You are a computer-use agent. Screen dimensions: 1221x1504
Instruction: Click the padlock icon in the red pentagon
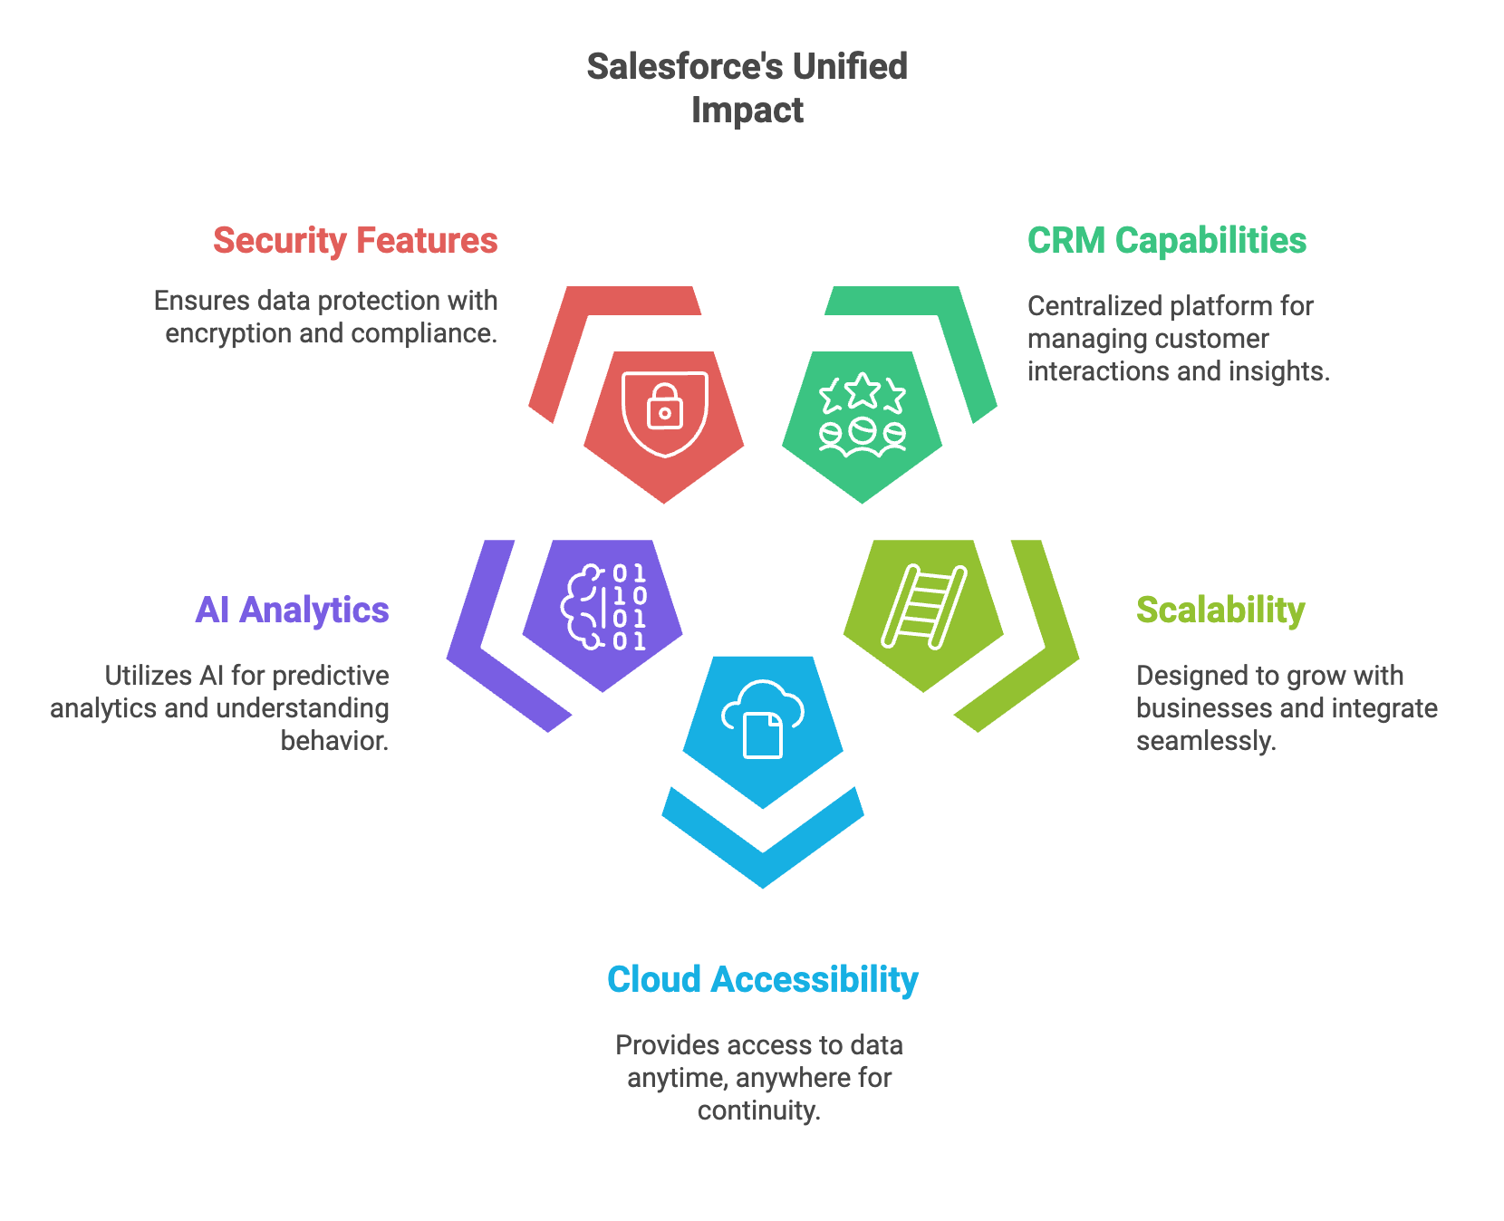pos(665,407)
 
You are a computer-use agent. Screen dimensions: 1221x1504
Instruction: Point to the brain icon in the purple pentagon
pos(583,607)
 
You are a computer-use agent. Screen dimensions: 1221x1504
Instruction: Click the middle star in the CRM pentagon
pos(863,390)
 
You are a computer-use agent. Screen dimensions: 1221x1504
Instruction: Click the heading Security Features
pos(355,241)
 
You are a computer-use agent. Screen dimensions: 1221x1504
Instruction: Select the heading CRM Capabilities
pos(1166,241)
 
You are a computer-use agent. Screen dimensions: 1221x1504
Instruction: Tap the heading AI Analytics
pos(292,610)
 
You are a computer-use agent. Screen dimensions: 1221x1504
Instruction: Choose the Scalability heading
pos(1220,610)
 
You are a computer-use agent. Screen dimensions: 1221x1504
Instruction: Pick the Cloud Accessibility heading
pos(762,980)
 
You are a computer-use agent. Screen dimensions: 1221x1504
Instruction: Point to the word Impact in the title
pos(747,111)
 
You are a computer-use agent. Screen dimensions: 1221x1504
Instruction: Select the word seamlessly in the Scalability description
pos(1205,742)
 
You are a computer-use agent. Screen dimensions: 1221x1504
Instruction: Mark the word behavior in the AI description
pos(334,742)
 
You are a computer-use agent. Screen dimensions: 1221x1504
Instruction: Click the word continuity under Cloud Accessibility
pos(758,1111)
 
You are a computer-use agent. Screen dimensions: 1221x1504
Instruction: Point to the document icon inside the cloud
pos(763,735)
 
